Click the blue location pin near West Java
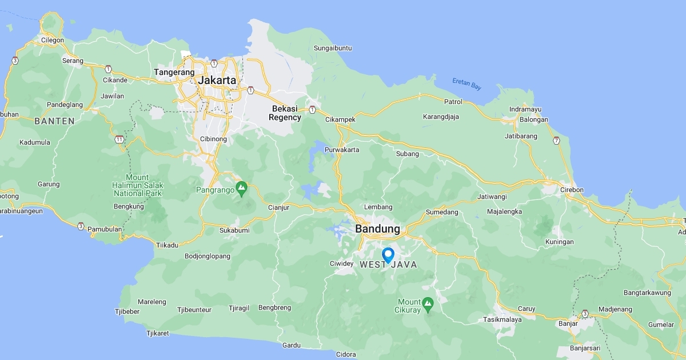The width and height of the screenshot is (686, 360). (x=388, y=254)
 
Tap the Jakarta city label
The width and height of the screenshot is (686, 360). (x=217, y=80)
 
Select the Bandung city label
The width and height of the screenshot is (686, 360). (x=378, y=229)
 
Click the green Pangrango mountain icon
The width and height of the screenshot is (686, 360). (x=242, y=187)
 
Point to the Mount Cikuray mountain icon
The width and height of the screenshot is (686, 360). (x=428, y=302)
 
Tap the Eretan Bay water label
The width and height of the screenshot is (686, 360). (x=467, y=84)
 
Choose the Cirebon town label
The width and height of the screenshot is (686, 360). (x=572, y=190)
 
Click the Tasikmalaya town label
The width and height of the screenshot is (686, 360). (x=502, y=319)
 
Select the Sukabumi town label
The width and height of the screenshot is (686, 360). (x=234, y=230)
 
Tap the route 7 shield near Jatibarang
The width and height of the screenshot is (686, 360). (x=556, y=140)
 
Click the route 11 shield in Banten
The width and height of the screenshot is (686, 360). (x=119, y=139)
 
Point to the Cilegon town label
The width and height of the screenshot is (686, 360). (x=53, y=40)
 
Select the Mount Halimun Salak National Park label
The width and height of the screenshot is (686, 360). (x=138, y=185)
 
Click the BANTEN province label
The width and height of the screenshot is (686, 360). (x=54, y=121)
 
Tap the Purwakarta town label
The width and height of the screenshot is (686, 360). (x=342, y=150)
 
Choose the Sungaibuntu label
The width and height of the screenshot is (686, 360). (x=333, y=48)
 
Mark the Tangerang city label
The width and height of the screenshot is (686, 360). (x=174, y=73)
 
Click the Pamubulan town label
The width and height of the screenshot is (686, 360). (x=104, y=229)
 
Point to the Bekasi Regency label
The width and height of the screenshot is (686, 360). (x=285, y=113)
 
